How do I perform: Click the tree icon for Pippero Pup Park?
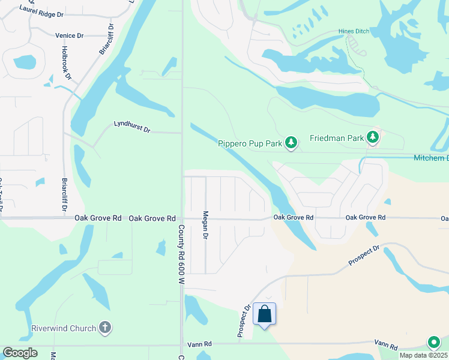coord(291,142)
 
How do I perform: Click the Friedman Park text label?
coord(337,138)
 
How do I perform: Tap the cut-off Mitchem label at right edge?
coord(431,158)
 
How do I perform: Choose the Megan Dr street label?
coord(205,225)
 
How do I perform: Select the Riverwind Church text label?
coord(64,328)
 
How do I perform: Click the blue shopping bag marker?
coord(265,314)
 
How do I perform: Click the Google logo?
coord(20,353)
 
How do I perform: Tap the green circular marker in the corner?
coord(433,343)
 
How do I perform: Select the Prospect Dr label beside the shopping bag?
coord(243,322)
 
